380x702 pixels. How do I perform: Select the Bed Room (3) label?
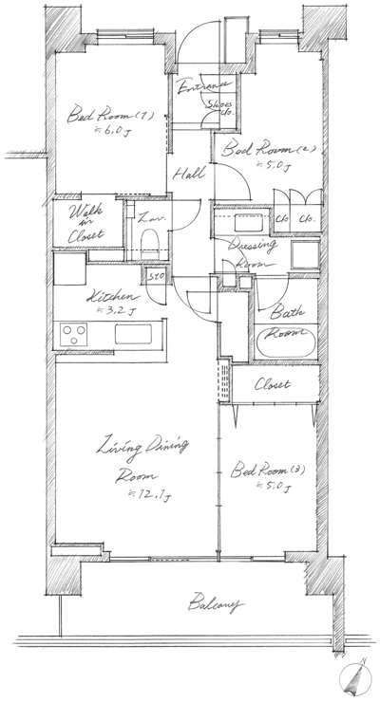(257, 471)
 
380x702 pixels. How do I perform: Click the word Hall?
(185, 175)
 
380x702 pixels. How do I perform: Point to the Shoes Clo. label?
(222, 106)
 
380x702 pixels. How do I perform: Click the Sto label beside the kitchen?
(155, 277)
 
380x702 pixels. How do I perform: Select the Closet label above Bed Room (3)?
(272, 384)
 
